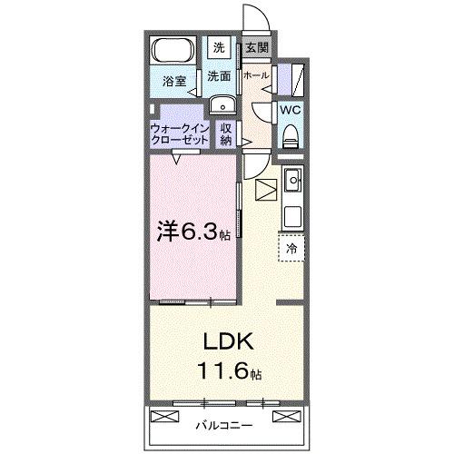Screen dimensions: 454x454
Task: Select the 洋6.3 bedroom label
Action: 192,232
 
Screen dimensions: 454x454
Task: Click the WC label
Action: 291,109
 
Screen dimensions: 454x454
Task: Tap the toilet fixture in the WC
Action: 291,136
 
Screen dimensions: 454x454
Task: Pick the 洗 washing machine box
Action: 220,47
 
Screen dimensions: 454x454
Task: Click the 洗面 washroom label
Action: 218,77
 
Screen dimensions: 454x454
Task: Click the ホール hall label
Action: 255,76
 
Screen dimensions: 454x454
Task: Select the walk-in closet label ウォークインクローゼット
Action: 180,133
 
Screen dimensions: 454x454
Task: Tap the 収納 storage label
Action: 226,133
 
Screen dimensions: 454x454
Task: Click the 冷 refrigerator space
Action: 292,246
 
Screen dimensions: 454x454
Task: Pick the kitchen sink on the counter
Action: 292,183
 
